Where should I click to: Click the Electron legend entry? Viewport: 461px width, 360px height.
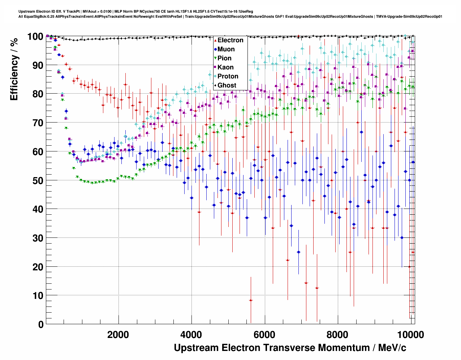(x=230, y=40)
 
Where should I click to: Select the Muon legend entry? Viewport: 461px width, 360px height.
(x=226, y=49)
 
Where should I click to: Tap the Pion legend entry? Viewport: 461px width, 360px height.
(x=224, y=58)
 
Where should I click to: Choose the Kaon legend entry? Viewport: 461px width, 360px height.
(x=225, y=67)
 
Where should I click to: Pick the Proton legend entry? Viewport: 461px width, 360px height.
(x=228, y=76)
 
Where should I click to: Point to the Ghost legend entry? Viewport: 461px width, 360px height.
(x=227, y=85)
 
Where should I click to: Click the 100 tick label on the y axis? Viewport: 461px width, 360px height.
(x=35, y=37)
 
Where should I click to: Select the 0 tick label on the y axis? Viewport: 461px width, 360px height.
(x=41, y=324)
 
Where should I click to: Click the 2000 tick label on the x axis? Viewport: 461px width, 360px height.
(x=118, y=335)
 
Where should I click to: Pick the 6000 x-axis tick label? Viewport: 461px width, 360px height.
(x=265, y=335)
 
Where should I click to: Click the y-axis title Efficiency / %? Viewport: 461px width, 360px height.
(x=14, y=69)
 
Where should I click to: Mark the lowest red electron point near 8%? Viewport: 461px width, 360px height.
(x=251, y=300)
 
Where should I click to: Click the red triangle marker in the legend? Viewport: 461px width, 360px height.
(x=215, y=40)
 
